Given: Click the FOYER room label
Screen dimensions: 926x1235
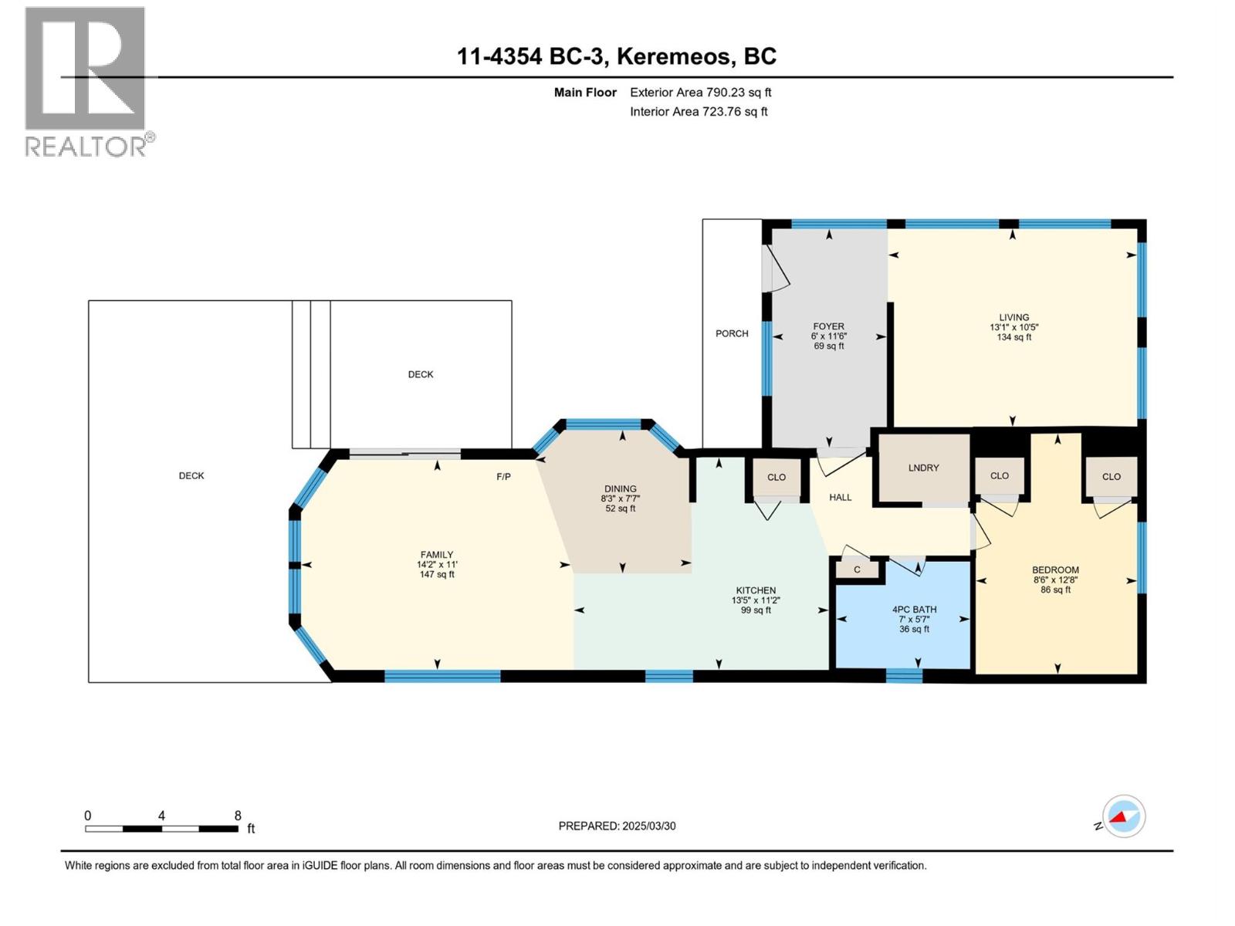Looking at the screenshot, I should click(828, 326).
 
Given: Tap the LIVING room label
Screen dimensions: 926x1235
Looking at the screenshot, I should click(1013, 317).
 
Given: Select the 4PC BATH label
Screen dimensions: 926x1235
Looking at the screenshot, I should click(914, 609).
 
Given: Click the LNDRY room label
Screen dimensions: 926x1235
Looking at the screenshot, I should click(923, 468).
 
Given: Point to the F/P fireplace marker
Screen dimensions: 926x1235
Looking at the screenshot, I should click(503, 477).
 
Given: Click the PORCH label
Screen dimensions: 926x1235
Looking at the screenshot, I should click(732, 333).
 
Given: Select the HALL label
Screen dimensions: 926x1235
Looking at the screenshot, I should click(840, 497).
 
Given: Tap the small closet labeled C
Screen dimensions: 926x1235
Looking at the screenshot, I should click(857, 569).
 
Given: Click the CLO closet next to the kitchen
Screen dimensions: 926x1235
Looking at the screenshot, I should click(777, 477).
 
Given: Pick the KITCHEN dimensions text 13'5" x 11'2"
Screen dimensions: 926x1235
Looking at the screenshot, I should click(756, 600).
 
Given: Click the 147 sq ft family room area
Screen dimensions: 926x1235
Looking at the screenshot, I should click(437, 574).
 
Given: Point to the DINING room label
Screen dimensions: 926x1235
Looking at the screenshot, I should click(620, 488).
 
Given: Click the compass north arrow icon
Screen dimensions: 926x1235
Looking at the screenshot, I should click(1124, 816).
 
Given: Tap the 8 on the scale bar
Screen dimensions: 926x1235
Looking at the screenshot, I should click(238, 816).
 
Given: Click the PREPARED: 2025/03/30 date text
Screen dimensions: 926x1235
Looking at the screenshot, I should click(617, 826).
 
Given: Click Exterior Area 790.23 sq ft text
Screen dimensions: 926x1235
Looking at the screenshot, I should click(700, 92).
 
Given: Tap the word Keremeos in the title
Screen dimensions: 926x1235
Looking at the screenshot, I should click(673, 56).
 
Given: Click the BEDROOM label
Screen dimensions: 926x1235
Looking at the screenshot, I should click(1055, 569).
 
